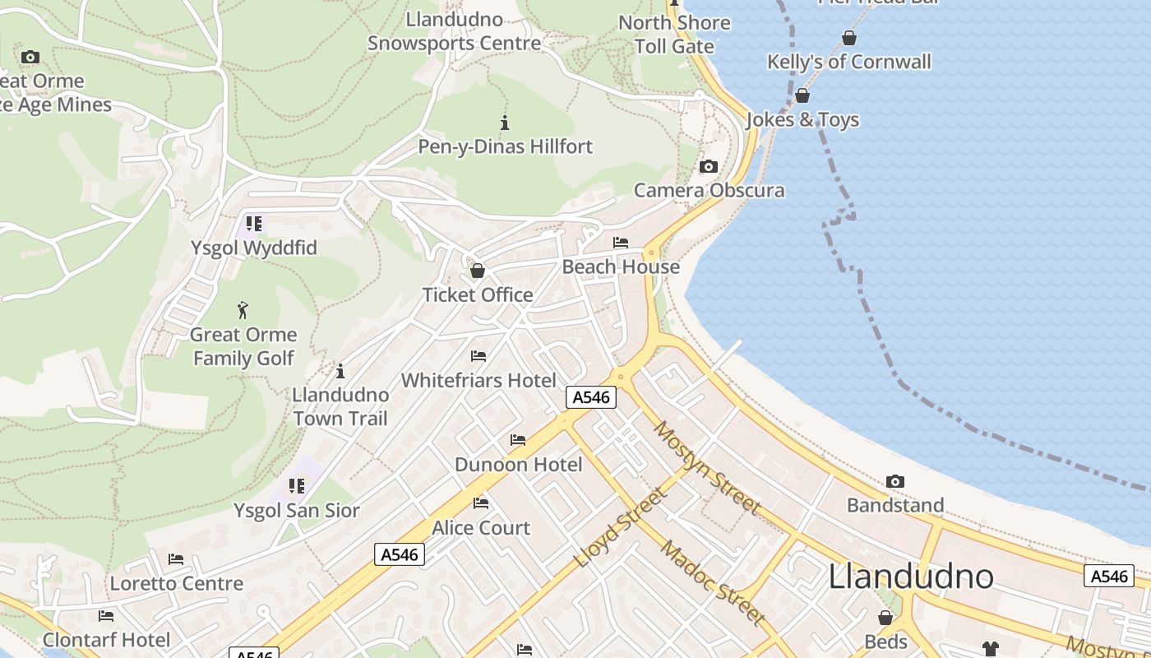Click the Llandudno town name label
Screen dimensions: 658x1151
[x=911, y=577]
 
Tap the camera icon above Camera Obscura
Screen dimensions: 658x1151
[x=708, y=167]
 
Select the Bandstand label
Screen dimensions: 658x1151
[x=895, y=505]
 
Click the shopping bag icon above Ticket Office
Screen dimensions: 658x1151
[x=477, y=271]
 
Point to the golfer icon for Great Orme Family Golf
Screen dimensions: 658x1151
[x=243, y=310]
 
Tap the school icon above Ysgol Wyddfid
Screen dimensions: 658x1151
[x=254, y=223]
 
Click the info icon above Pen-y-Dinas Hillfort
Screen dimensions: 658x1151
[x=505, y=123]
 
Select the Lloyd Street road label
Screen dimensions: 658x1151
[x=621, y=527]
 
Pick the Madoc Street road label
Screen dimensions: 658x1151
[x=713, y=583]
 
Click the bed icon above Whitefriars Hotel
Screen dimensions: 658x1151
[x=478, y=356]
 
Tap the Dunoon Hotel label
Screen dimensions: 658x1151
[x=518, y=465]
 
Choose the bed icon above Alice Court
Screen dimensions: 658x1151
[x=481, y=503]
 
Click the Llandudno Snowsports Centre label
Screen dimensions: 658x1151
[x=454, y=30]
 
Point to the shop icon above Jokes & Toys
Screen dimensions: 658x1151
[x=802, y=96]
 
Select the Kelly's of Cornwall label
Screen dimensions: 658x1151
[x=849, y=62]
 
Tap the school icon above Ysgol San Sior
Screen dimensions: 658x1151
[x=297, y=486]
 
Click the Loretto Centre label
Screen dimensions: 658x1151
[x=177, y=584]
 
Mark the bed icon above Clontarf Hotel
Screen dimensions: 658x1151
[x=106, y=616]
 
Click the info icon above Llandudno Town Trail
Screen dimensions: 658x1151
[x=340, y=371]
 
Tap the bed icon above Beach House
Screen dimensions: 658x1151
[x=621, y=243]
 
